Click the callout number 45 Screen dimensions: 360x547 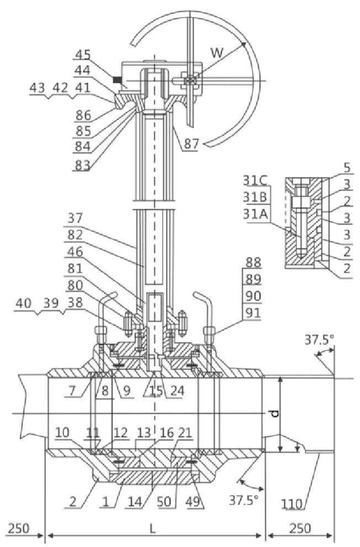tap(83, 55)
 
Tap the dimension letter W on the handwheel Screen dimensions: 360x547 tap(216, 52)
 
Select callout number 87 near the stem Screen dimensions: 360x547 tap(191, 144)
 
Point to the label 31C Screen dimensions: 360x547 tap(255, 180)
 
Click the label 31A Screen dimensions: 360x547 tap(255, 214)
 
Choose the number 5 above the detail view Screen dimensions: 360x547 tap(347, 168)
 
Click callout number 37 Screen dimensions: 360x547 tap(75, 219)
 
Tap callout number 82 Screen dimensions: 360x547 tap(75, 236)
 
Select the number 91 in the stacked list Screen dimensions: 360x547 tap(253, 313)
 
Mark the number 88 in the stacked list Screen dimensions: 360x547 tap(253, 262)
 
